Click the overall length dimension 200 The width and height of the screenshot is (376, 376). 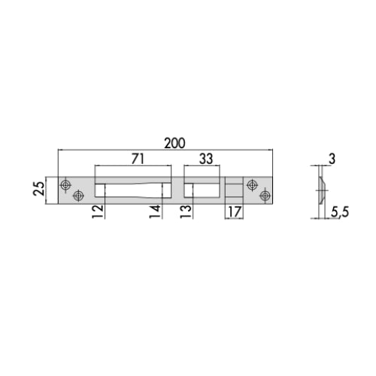coord(174,143)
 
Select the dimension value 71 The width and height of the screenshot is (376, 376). coord(138,159)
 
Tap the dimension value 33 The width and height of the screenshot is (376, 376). coord(206,159)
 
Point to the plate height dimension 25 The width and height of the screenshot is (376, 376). coord(39,189)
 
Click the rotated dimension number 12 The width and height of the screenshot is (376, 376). coord(98,211)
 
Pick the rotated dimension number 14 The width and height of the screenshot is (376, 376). coord(155,211)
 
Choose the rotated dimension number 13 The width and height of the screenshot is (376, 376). coord(186,211)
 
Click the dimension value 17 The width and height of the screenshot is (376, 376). coord(234,212)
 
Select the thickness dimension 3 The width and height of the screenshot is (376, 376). coord(332,159)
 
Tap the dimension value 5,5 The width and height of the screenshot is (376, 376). coord(340,213)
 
